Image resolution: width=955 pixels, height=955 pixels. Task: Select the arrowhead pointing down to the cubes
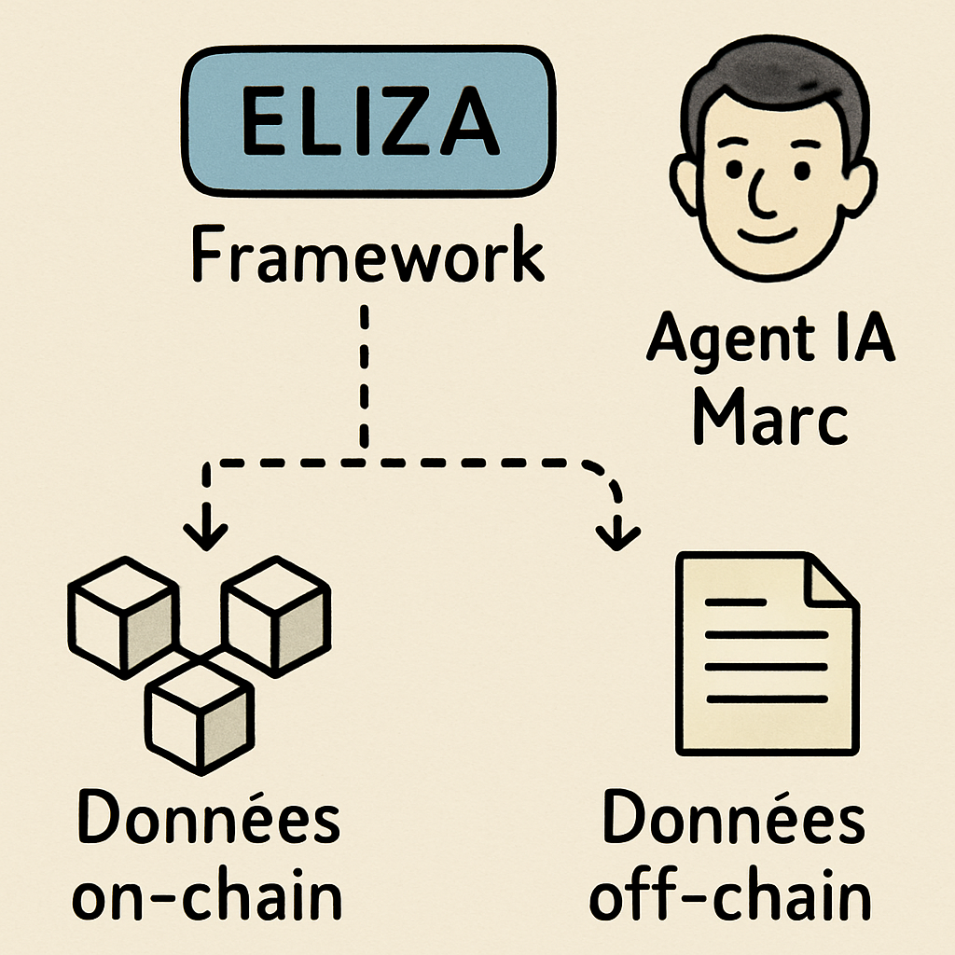tap(206, 534)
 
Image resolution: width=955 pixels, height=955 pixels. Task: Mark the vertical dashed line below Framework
tap(364, 373)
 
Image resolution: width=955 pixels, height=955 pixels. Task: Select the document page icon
tap(765, 653)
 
